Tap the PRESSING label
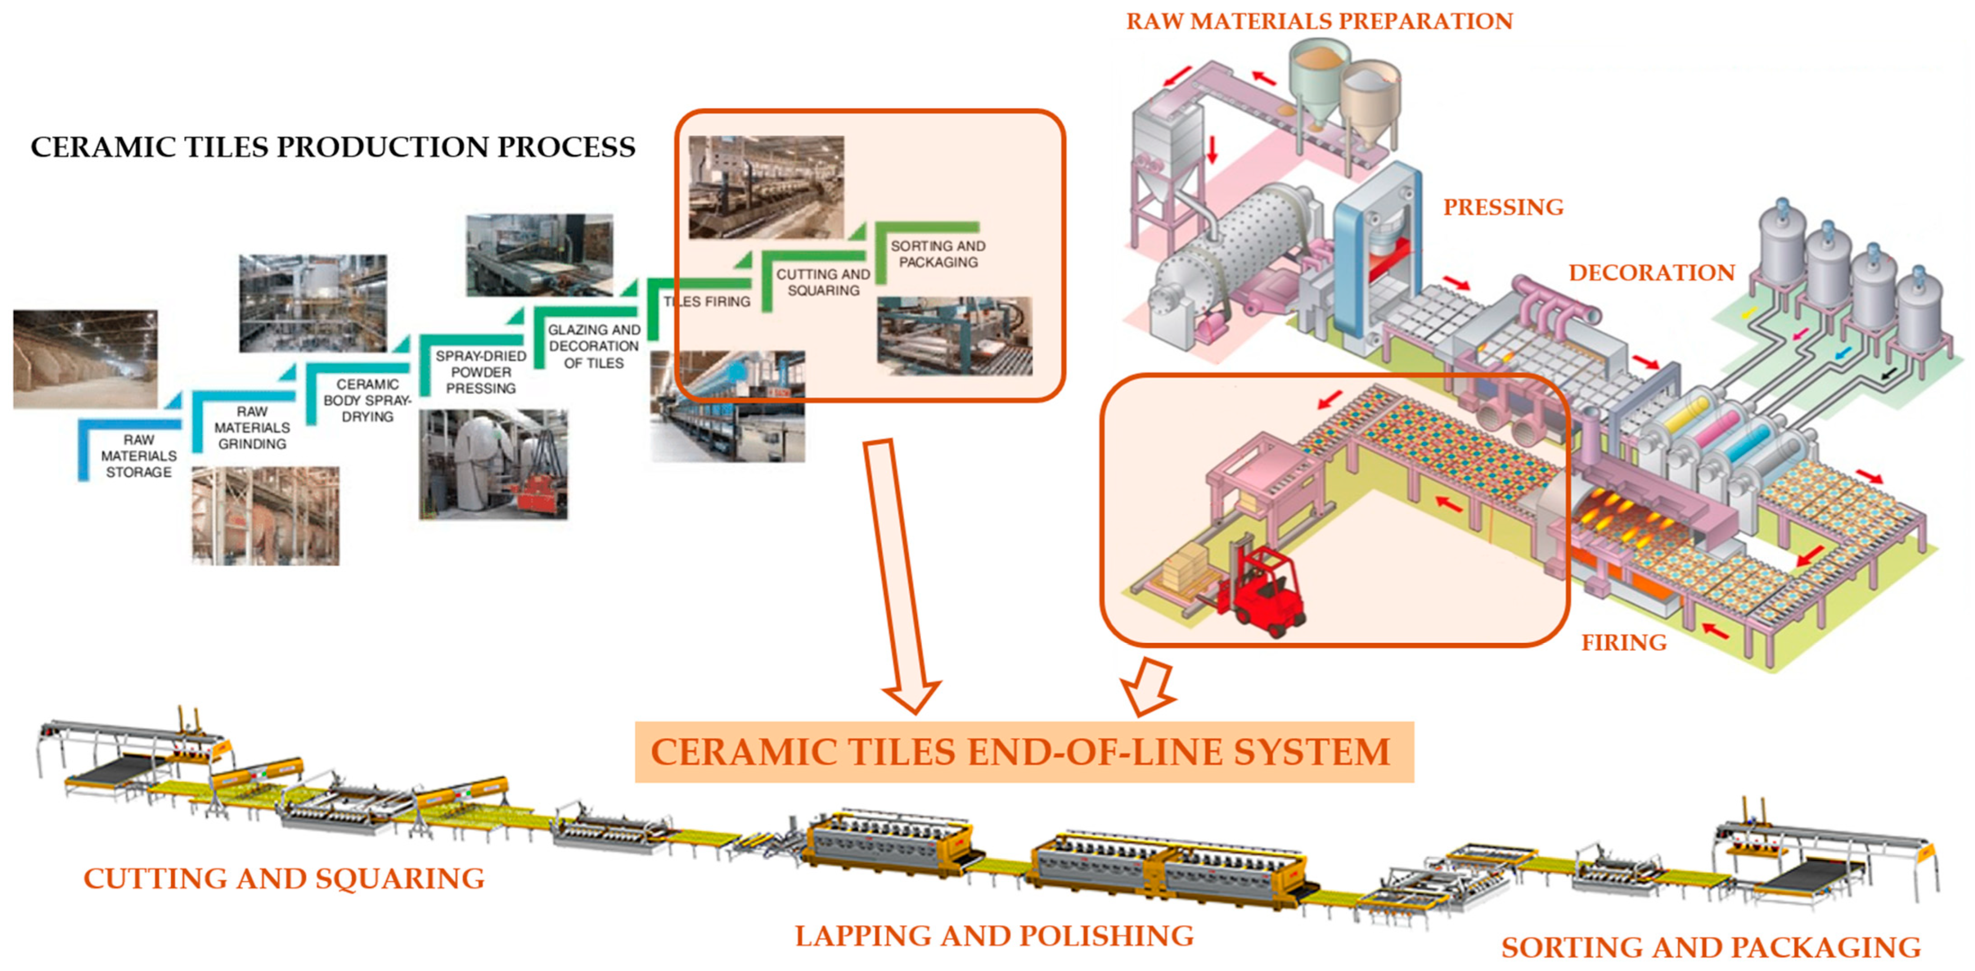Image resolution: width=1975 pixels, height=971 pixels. point(1503,207)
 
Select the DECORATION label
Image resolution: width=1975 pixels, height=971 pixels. point(1651,272)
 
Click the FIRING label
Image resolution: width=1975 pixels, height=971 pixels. point(1624,642)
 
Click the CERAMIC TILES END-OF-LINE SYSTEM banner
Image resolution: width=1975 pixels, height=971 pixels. point(1024,752)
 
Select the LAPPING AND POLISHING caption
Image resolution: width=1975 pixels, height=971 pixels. point(994,936)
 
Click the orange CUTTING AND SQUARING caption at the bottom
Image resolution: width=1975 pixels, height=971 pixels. point(284,878)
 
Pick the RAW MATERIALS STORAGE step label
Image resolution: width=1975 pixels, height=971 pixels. point(139,456)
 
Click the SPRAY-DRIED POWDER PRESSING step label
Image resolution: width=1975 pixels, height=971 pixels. point(481,372)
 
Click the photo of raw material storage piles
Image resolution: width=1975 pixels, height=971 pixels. point(85,359)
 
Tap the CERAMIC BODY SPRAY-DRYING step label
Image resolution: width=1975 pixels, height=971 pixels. point(367,400)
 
